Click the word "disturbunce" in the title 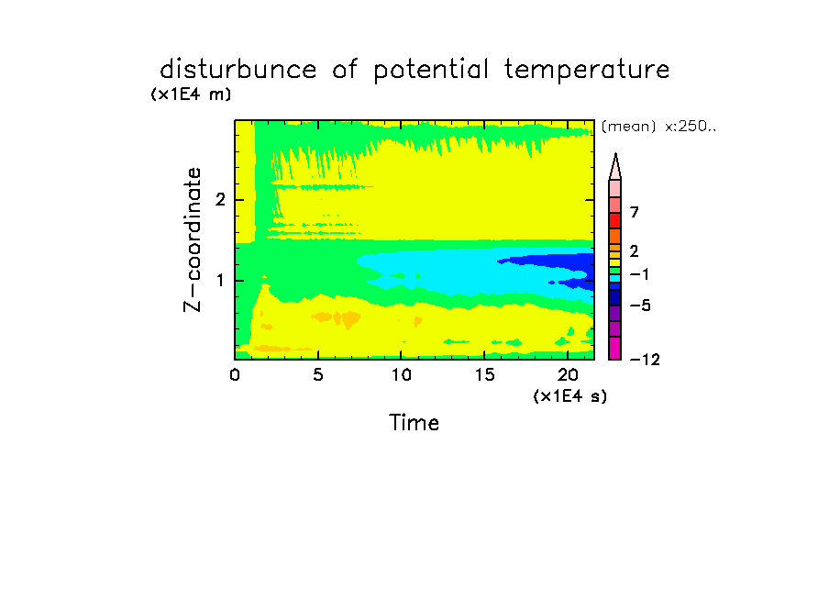[238, 69]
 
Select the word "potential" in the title [431, 71]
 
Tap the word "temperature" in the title [587, 71]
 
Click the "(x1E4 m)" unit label [191, 94]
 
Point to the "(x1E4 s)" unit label [570, 395]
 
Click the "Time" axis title [414, 423]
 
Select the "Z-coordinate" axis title [193, 239]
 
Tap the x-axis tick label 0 [235, 375]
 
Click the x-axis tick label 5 [317, 375]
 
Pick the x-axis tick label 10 [402, 375]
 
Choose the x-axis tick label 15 [484, 375]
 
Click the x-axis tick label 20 [568, 375]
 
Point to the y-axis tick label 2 [220, 200]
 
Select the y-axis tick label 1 [220, 281]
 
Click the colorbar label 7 [635, 213]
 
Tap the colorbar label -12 [645, 361]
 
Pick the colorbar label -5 [640, 306]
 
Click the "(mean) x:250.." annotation [658, 127]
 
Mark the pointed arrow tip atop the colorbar [615, 154]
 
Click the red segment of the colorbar [615, 220]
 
